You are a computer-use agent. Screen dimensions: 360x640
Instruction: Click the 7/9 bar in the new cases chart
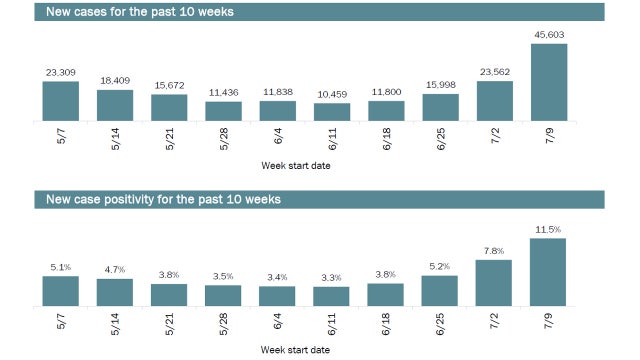point(549,82)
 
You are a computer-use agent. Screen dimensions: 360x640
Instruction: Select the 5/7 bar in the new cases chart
point(61,102)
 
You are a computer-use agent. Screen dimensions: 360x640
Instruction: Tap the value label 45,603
point(549,35)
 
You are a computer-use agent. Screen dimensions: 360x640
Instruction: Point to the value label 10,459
point(332,94)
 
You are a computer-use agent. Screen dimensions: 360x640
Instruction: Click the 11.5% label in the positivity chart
point(549,230)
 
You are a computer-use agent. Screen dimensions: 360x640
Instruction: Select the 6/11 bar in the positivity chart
point(332,295)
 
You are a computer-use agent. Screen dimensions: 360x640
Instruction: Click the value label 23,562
point(495,72)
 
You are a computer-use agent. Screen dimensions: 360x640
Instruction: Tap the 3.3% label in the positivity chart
point(332,278)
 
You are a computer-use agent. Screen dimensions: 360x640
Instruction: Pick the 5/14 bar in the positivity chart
point(115,291)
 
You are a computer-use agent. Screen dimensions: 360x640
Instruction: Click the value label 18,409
point(115,81)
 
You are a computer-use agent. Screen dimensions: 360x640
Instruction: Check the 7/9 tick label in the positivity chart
point(549,323)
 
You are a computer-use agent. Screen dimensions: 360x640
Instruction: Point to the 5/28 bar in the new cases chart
point(223,111)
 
